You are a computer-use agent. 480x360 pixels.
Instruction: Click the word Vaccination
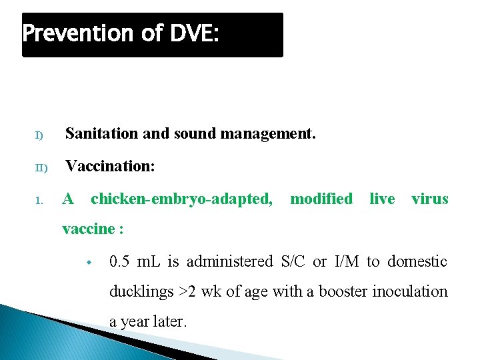(110, 166)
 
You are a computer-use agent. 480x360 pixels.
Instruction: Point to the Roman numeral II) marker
(41, 167)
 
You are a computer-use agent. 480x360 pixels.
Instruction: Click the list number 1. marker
(39, 200)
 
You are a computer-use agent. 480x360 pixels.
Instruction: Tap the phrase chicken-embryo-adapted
(181, 199)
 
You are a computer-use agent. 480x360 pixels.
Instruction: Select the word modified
(321, 199)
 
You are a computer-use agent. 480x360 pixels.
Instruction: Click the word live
(382, 199)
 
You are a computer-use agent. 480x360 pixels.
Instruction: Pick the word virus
(430, 199)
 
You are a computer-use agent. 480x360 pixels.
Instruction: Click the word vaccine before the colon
(88, 229)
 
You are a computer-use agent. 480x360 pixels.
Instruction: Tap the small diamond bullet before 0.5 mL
(88, 262)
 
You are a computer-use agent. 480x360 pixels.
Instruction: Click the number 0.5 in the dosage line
(119, 261)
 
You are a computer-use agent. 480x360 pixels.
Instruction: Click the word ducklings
(139, 291)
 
